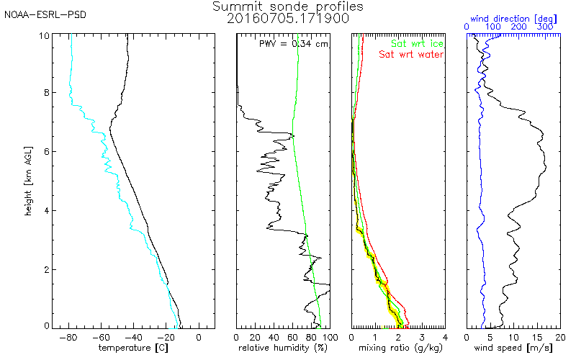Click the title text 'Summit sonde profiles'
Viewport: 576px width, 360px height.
click(x=288, y=6)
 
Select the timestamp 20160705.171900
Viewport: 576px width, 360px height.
click(x=288, y=19)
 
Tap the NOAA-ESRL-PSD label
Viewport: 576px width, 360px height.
click(x=35, y=14)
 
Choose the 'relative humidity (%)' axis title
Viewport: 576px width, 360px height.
click(x=284, y=348)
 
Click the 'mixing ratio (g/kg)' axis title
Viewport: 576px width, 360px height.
click(x=397, y=348)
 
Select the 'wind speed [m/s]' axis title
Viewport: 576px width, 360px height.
click(x=513, y=348)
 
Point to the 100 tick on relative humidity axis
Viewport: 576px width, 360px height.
click(x=329, y=336)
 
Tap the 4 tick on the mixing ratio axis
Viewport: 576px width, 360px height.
click(x=445, y=336)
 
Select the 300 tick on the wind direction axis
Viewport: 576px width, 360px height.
click(x=546, y=27)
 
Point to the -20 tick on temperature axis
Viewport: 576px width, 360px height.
click(x=167, y=336)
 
